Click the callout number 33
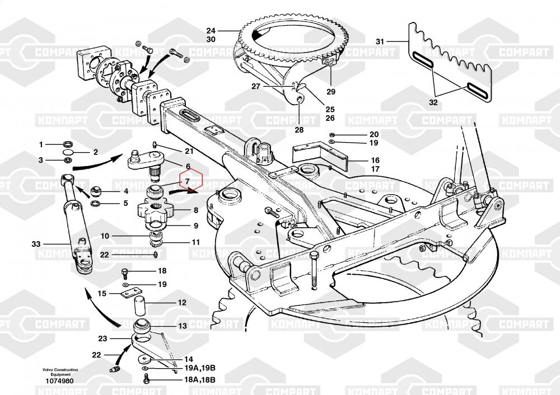[x=36, y=244]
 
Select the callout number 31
[x=380, y=41]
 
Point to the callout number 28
[x=299, y=130]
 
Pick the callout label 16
[x=375, y=160]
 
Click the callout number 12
[x=183, y=302]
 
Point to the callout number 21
[x=189, y=152]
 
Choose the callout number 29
[x=330, y=91]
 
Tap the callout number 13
[x=183, y=326]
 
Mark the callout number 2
[x=95, y=152]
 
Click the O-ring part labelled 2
[x=67, y=152]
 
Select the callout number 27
[x=256, y=86]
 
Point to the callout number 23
[x=102, y=338]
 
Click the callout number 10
[x=105, y=236]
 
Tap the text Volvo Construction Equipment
[x=60, y=373]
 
